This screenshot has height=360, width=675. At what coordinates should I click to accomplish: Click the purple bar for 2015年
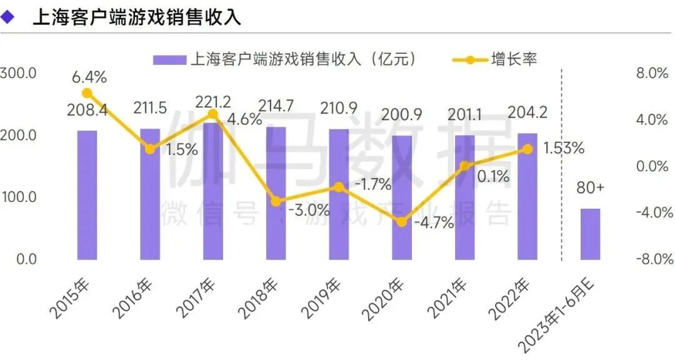(x=87, y=194)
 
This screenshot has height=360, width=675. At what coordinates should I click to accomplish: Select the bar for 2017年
(x=212, y=191)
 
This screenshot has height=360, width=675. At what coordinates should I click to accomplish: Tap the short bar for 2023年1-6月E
(x=590, y=234)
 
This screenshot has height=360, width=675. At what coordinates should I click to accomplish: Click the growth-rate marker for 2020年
(x=401, y=222)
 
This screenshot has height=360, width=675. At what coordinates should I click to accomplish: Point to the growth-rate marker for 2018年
(x=276, y=201)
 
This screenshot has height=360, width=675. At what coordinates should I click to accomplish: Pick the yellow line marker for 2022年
(x=527, y=149)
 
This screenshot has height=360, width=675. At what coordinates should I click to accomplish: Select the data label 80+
(x=590, y=187)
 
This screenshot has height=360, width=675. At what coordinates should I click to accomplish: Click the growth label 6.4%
(x=89, y=77)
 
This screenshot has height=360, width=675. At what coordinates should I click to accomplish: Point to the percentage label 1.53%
(x=563, y=148)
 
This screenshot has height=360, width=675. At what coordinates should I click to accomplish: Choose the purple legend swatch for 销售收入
(x=169, y=60)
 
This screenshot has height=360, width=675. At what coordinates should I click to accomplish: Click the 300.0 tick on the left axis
(x=19, y=74)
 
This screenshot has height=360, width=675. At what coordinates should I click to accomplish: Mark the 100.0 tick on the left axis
(x=19, y=197)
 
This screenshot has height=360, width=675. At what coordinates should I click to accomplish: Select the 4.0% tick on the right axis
(x=653, y=120)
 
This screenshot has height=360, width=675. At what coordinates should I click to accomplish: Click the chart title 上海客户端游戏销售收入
(x=136, y=17)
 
